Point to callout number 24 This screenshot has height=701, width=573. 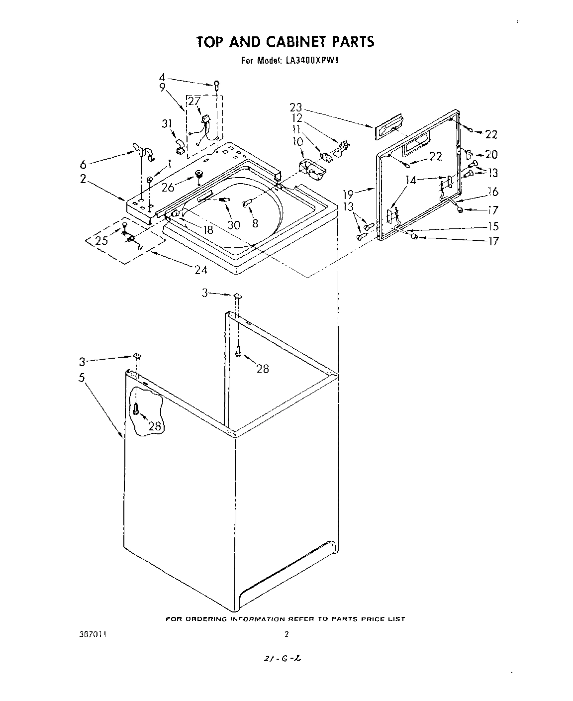(x=201, y=270)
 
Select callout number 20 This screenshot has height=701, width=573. (x=491, y=154)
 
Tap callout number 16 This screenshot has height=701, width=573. (x=492, y=192)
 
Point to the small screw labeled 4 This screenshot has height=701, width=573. (x=217, y=85)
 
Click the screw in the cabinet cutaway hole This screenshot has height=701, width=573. (x=135, y=409)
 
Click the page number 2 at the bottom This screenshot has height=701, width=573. (x=286, y=634)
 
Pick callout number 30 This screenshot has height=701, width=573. (x=234, y=224)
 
